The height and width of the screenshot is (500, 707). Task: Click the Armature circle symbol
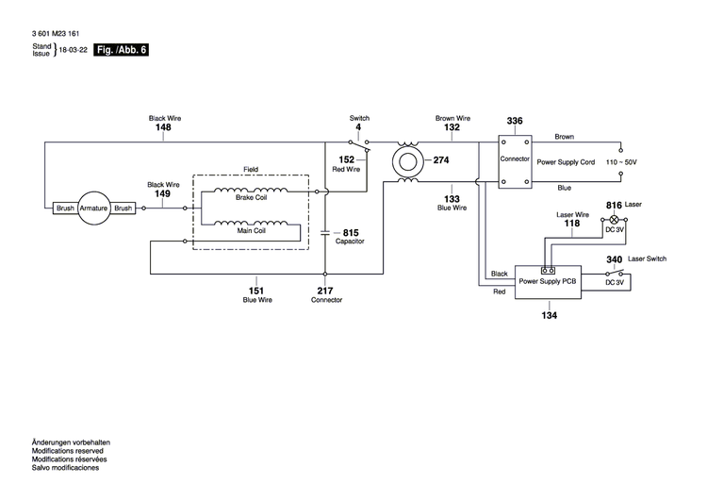[93, 208]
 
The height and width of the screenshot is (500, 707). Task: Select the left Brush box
[65, 208]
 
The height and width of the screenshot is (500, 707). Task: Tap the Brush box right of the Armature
[123, 208]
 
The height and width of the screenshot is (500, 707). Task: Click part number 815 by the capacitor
[351, 232]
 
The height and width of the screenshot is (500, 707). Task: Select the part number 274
[441, 160]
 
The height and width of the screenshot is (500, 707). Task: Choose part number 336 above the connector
[515, 122]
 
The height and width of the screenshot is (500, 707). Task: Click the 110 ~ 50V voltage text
[621, 163]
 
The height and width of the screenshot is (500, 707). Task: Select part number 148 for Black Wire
[164, 127]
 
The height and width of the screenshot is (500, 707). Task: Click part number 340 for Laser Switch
[613, 259]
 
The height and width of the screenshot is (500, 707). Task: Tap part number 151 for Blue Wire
[255, 291]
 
